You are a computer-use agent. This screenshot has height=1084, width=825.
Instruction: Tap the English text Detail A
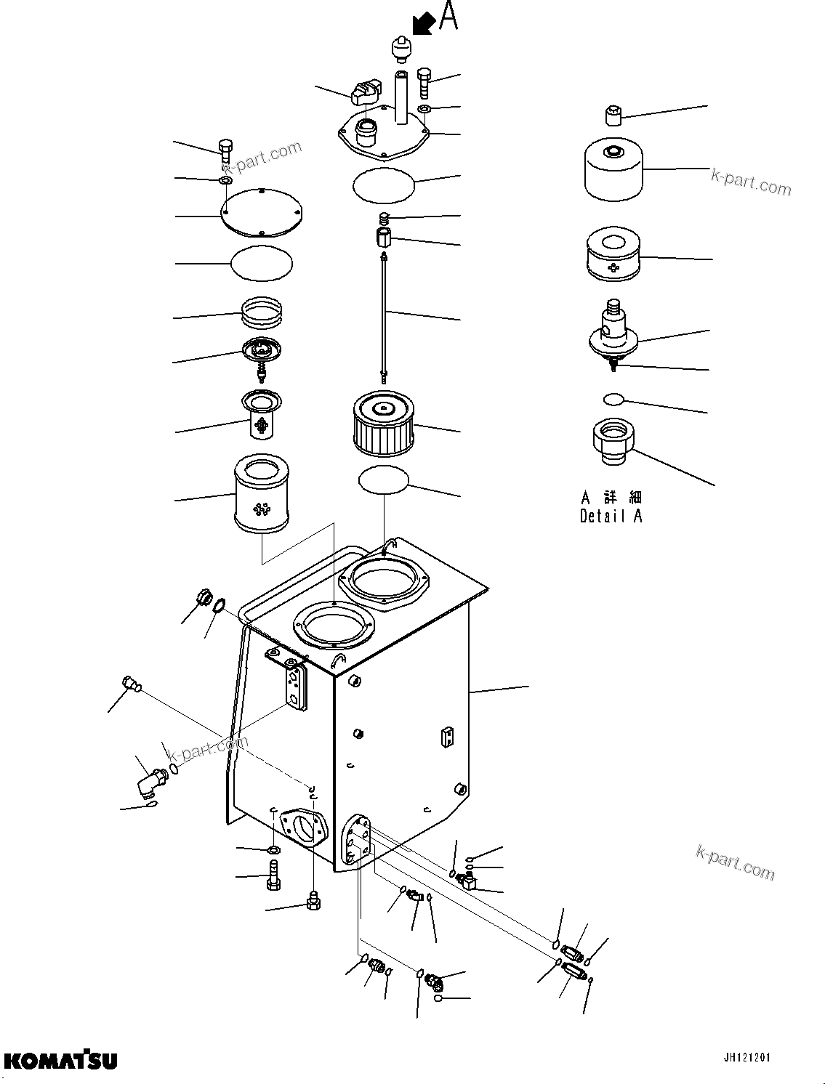[x=611, y=516]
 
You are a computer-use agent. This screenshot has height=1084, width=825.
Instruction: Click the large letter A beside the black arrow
[x=448, y=17]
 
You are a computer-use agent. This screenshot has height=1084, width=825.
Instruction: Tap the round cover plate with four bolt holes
[x=260, y=215]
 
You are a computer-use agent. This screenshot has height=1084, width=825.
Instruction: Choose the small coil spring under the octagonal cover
[x=385, y=218]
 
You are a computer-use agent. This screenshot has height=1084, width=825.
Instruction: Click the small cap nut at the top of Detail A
[x=613, y=116]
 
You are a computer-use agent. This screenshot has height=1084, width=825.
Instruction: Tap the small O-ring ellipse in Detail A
[x=613, y=398]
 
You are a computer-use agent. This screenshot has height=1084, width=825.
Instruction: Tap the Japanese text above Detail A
[x=611, y=498]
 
